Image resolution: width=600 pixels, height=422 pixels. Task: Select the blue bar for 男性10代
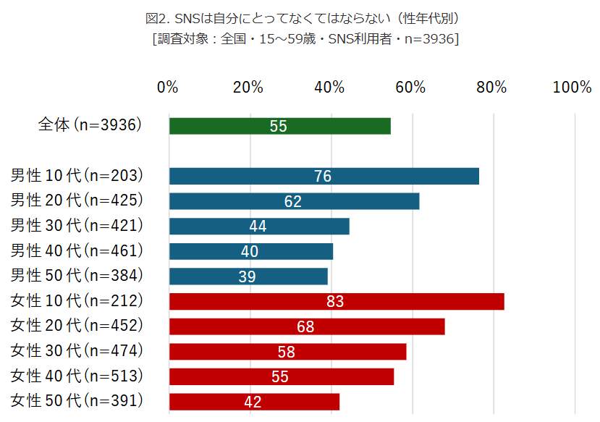click(x=324, y=176)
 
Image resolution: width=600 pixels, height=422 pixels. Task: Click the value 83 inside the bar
click(x=334, y=301)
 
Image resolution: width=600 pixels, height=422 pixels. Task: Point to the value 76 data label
click(x=324, y=176)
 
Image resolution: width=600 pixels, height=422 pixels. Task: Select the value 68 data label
click(x=305, y=326)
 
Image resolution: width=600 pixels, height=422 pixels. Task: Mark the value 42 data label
click(x=253, y=402)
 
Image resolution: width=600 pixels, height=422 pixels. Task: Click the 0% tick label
click(x=167, y=88)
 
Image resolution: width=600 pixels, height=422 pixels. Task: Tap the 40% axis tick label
click(x=330, y=88)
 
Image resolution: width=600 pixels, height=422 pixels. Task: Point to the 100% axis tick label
click(x=572, y=88)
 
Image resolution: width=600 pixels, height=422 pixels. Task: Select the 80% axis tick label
click(x=491, y=88)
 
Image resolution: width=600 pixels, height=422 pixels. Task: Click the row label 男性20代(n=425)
click(x=77, y=201)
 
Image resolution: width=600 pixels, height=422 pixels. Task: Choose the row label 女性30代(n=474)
click(x=77, y=351)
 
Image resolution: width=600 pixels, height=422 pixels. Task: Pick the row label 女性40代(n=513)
click(x=77, y=376)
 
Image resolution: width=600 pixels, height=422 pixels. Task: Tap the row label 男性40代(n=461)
click(x=77, y=251)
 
